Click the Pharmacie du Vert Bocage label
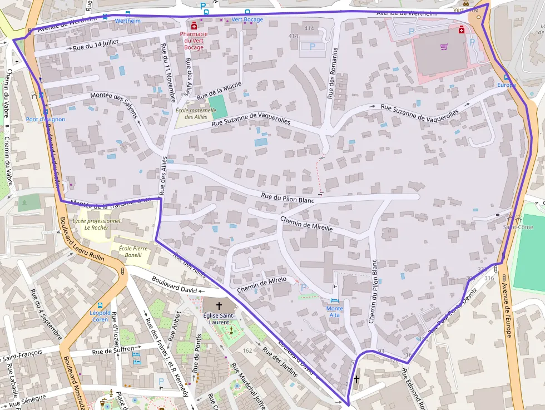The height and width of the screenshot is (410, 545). (x=194, y=41)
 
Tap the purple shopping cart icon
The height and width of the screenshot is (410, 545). (x=443, y=47)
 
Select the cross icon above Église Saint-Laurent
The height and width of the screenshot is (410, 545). (x=219, y=306)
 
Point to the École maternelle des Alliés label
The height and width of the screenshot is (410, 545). (x=196, y=113)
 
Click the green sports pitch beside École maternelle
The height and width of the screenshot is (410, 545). (x=218, y=106)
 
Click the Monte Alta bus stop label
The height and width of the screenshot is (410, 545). (x=335, y=312)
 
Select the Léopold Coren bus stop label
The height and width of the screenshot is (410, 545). (x=100, y=316)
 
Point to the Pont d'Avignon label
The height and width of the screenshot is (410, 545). (x=46, y=119)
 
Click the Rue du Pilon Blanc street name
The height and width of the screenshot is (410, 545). (x=288, y=197)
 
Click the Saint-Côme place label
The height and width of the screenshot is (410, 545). (x=518, y=227)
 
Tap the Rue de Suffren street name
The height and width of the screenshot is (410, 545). (x=113, y=350)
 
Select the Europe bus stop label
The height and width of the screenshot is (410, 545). (x=506, y=85)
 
